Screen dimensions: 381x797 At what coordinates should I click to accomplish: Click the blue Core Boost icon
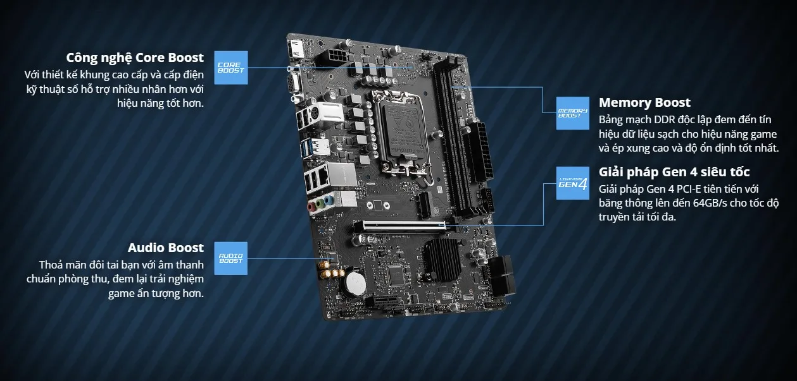(x=230, y=67)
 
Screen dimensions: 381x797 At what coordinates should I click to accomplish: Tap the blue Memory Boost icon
(x=572, y=113)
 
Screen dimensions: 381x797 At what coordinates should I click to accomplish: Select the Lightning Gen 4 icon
(x=572, y=183)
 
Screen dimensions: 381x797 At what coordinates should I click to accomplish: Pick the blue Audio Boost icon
(x=230, y=258)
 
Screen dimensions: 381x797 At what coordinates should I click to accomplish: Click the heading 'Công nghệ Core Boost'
(x=135, y=57)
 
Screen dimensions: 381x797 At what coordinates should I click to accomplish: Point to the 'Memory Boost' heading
(x=644, y=102)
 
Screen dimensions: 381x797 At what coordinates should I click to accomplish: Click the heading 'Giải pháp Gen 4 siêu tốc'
(x=674, y=172)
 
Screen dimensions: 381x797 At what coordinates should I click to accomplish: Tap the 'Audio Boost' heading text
(x=165, y=248)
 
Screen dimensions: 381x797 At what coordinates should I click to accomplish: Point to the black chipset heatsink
(x=441, y=257)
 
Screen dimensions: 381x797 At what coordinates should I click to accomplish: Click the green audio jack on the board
(x=322, y=203)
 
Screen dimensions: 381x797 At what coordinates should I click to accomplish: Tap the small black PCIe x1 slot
(x=422, y=203)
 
